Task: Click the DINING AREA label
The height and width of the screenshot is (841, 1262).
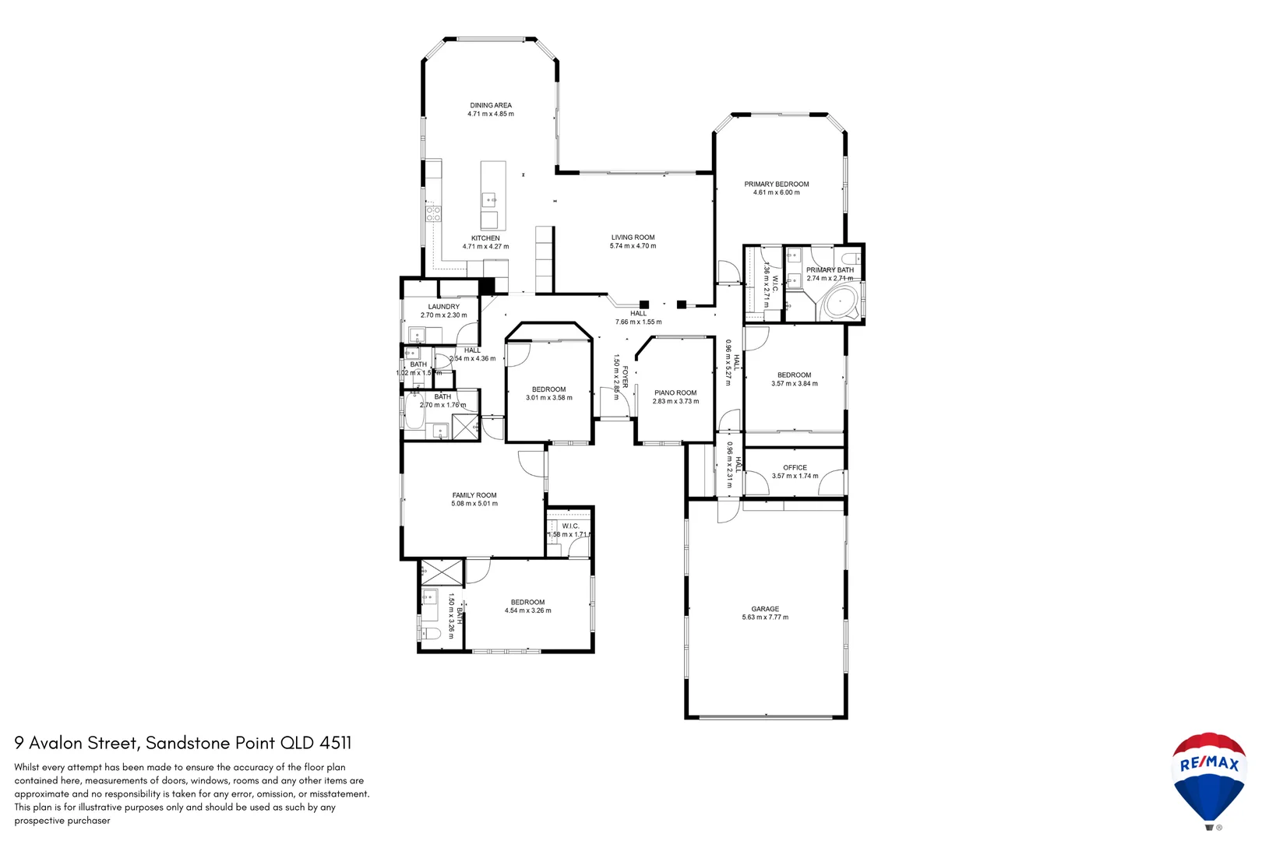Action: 491,105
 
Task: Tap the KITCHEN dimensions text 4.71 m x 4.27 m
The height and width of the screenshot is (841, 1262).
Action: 485,247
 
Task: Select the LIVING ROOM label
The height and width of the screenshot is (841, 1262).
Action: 633,238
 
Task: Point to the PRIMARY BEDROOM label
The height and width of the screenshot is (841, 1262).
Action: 776,185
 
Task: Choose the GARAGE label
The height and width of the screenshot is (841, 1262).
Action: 765,609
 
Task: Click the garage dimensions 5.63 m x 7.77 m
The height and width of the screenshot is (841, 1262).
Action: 765,618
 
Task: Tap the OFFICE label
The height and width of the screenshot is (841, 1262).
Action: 795,467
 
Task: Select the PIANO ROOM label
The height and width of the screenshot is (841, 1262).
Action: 675,393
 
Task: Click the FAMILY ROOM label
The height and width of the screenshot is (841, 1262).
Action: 474,495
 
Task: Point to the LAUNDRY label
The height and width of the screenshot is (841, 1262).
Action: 443,307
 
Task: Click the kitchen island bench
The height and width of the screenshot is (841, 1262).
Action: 492,195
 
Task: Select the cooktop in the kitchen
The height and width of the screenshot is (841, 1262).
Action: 433,213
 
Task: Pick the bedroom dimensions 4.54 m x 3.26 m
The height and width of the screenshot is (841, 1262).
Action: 527,611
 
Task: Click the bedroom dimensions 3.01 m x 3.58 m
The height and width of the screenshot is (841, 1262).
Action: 548,398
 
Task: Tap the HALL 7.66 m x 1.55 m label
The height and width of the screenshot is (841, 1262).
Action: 638,318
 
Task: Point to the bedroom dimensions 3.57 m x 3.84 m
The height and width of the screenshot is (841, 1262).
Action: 794,384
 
